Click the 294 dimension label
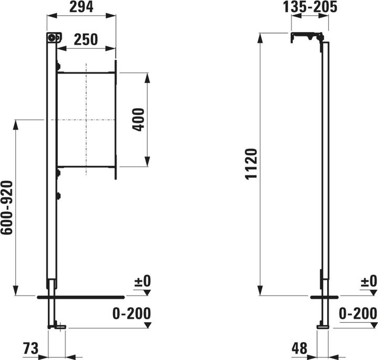81,7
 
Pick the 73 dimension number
30,348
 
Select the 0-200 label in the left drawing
131,314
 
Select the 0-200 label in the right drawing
358,314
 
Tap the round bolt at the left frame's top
52,37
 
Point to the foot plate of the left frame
57,327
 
